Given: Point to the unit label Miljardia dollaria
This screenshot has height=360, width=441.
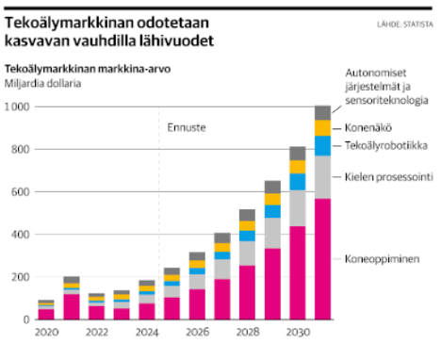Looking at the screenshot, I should tap(43, 82).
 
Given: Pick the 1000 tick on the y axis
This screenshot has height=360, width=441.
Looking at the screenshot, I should tap(17, 107).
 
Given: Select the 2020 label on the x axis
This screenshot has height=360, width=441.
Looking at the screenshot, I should tap(46, 333).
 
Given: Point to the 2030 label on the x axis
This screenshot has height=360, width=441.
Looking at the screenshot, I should tap(297, 333).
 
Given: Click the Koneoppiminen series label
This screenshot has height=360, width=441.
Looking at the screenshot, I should tap(380, 258).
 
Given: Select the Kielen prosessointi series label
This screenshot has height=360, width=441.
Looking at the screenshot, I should tap(387, 175).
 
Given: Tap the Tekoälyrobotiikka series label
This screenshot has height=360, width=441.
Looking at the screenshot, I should tap(385, 145).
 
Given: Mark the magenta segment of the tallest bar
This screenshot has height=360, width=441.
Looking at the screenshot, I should tap(322, 259).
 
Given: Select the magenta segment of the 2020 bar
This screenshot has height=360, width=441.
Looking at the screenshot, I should tap(46, 314).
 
